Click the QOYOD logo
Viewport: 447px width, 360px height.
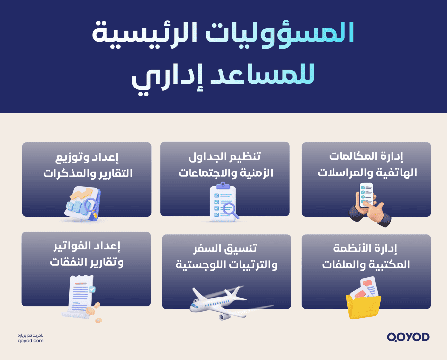point(408,337)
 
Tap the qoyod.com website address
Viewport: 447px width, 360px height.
point(30,341)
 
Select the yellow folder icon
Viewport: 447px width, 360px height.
point(363,306)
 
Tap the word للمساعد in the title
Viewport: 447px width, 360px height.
point(263,75)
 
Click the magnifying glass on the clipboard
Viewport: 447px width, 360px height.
point(230,210)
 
